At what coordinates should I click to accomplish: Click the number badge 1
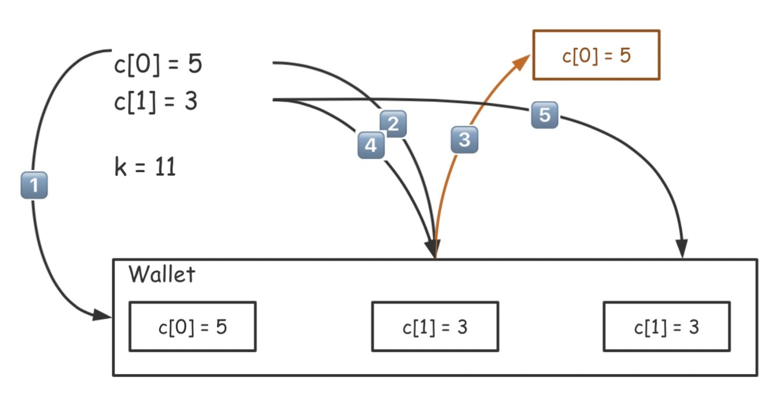pyautogui.click(x=34, y=186)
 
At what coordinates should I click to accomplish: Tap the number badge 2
pyautogui.click(x=393, y=124)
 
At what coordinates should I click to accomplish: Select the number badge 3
pyautogui.click(x=464, y=140)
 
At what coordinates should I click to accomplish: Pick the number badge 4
pyautogui.click(x=371, y=145)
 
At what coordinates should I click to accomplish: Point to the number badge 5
pyautogui.click(x=544, y=115)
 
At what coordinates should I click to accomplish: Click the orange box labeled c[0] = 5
pyautogui.click(x=596, y=55)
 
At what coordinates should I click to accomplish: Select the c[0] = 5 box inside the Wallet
pyautogui.click(x=192, y=326)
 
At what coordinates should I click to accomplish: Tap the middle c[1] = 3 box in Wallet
pyautogui.click(x=435, y=326)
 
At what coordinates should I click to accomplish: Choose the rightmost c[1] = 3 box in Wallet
pyautogui.click(x=666, y=326)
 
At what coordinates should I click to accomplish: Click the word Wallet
pyautogui.click(x=162, y=274)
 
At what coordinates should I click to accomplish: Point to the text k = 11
pyautogui.click(x=145, y=168)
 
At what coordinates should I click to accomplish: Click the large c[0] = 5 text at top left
pyautogui.click(x=158, y=64)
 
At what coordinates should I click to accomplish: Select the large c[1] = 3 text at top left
pyautogui.click(x=155, y=102)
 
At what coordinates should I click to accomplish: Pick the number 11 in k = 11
pyautogui.click(x=165, y=168)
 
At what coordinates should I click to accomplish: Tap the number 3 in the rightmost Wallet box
pyautogui.click(x=694, y=326)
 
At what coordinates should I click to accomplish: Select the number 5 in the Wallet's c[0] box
pyautogui.click(x=221, y=326)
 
